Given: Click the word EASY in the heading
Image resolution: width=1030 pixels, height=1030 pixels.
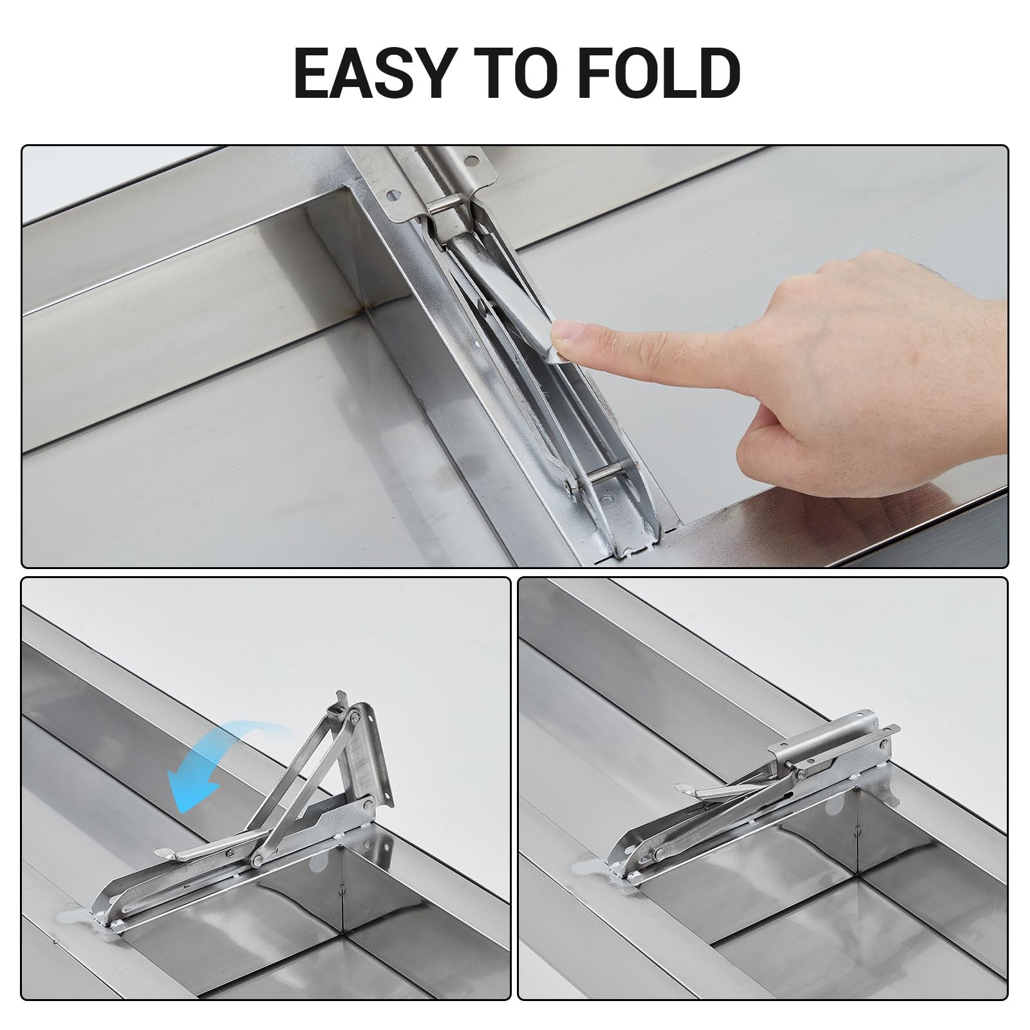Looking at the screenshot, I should click(x=371, y=73).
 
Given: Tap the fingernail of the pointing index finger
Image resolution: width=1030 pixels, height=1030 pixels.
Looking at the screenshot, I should click(x=570, y=333).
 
